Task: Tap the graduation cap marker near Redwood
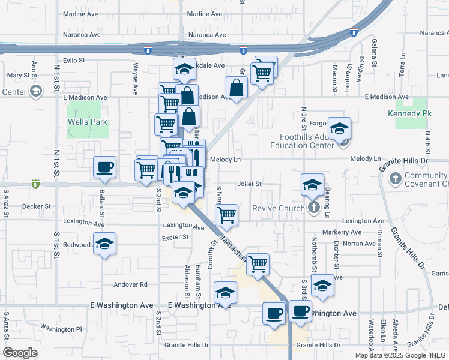point(104,244)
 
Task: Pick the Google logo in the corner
point(20,353)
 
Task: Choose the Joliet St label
point(250,184)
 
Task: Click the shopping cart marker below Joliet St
point(226,214)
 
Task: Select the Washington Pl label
point(62,329)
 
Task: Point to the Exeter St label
point(176,237)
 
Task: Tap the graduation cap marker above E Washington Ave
point(225,292)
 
